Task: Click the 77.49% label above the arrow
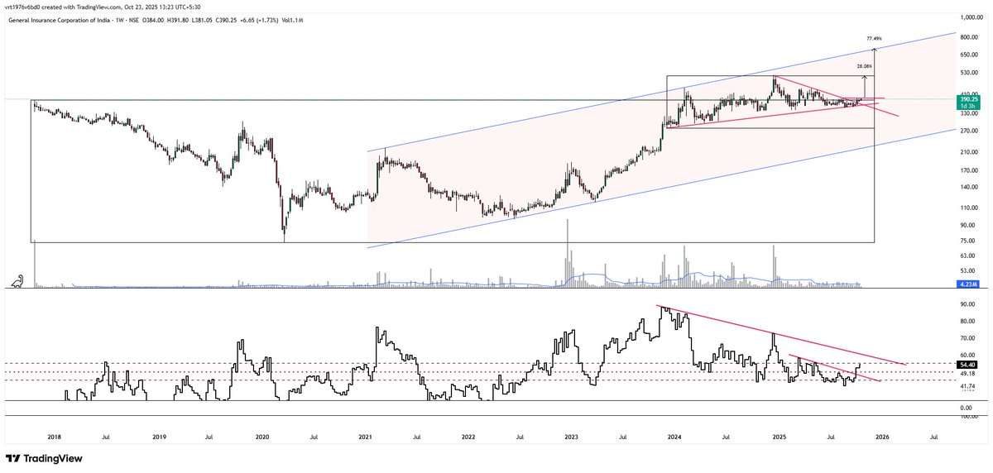pyautogui.click(x=874, y=38)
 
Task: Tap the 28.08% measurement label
pyautogui.click(x=864, y=65)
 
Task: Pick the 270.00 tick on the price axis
pyautogui.click(x=965, y=131)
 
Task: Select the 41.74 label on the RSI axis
pyautogui.click(x=966, y=386)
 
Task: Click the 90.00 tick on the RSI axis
pyautogui.click(x=965, y=303)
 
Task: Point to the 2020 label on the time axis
pyautogui.click(x=262, y=436)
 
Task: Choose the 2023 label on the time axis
pyautogui.click(x=572, y=436)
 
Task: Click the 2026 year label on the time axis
pyautogui.click(x=882, y=436)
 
